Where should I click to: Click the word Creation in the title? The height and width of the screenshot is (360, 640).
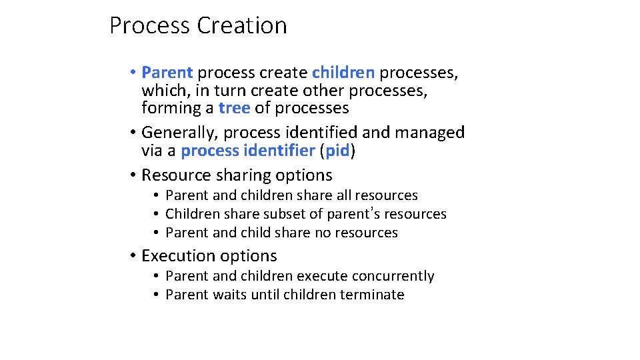[x=242, y=25]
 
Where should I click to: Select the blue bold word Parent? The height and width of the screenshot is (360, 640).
[x=167, y=72]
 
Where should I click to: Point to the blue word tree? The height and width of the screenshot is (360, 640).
[x=235, y=108]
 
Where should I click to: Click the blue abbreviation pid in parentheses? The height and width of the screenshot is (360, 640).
[x=338, y=151]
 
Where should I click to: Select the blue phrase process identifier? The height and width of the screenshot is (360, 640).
[x=247, y=151]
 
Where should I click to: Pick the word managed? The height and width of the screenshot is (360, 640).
[x=430, y=133]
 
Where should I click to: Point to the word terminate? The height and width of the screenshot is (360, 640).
[x=372, y=295]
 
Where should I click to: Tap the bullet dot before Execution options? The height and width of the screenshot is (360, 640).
[x=133, y=256]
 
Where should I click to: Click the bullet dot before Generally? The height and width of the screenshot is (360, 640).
[x=133, y=133]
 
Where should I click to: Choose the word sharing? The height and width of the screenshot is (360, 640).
[x=242, y=175]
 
